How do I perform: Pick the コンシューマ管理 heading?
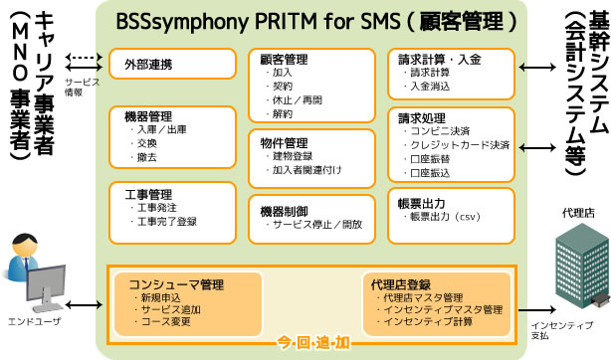tap(168, 283)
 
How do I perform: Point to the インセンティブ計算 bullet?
tap(429, 322)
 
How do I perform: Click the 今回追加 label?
tap(312, 343)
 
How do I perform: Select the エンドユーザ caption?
tap(38, 322)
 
